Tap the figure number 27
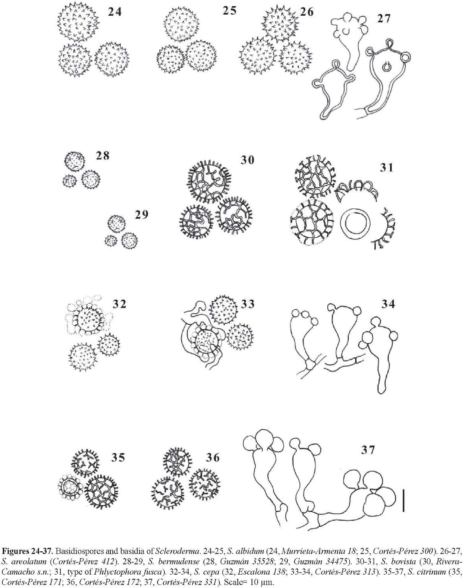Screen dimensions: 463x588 pos(384,19)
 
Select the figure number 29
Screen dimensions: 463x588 pos(141,214)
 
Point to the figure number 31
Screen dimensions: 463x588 pos(387,167)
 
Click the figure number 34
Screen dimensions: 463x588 pos(388,304)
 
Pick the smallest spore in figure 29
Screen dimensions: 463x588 pos(111,240)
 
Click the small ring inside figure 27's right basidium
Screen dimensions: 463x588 pos(386,67)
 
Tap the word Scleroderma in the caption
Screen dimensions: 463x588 pos(172,550)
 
